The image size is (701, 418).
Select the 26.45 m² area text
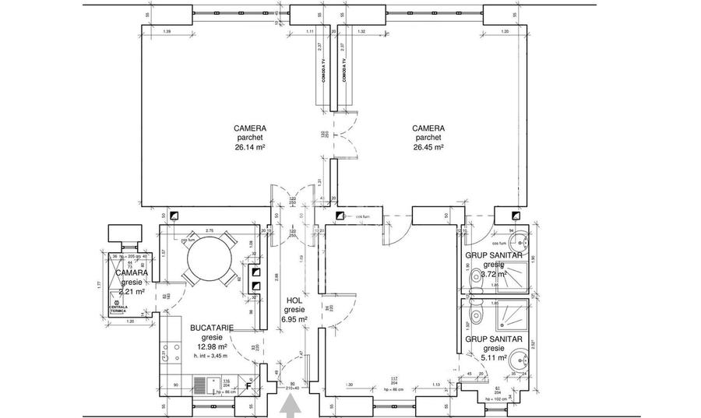click(428, 146)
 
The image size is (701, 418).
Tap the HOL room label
click(294, 300)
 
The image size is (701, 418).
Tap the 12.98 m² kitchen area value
click(211, 347)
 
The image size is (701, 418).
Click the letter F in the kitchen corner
click(248, 385)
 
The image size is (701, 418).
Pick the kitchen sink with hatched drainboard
click(205, 384)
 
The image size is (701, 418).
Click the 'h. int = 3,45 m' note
click(211, 357)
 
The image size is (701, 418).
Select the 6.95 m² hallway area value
click(294, 318)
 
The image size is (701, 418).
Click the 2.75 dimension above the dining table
click(210, 231)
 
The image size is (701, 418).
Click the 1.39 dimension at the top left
click(167, 30)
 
